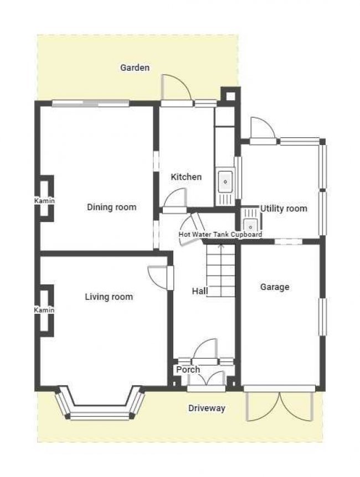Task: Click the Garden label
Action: click(x=135, y=68)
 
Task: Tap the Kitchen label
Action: click(x=186, y=177)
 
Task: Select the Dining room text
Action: click(x=111, y=208)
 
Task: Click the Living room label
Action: click(x=109, y=297)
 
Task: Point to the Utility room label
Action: click(x=284, y=209)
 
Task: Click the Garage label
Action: click(x=275, y=287)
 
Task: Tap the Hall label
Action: click(x=199, y=291)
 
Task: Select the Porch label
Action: click(x=188, y=370)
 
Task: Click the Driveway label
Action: click(x=207, y=408)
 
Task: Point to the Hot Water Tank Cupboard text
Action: click(x=220, y=235)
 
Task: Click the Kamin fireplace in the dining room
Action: click(x=44, y=200)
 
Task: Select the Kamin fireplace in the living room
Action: click(x=44, y=310)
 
